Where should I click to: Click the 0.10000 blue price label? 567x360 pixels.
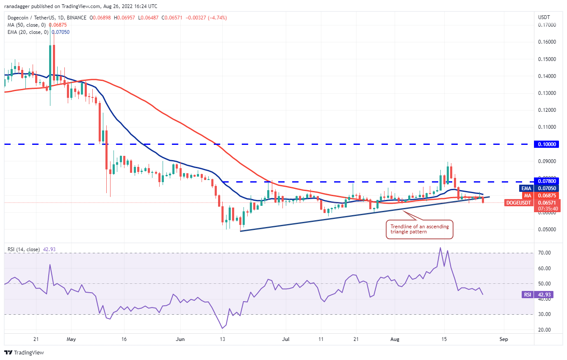click(x=548, y=144)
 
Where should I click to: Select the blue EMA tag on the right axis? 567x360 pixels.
click(x=526, y=188)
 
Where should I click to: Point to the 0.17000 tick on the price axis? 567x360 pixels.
click(x=547, y=25)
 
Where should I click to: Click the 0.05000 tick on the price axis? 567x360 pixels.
click(x=547, y=230)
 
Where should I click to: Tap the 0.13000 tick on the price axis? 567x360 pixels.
click(x=547, y=93)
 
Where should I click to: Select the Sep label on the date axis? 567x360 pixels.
click(x=503, y=339)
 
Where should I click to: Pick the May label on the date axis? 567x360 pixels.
click(x=71, y=339)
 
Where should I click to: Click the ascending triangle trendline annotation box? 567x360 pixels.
click(x=420, y=229)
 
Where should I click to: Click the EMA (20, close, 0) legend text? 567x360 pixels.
click(x=27, y=32)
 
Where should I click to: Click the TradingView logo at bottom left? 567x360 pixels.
click(x=24, y=352)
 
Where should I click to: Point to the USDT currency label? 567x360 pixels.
click(x=544, y=17)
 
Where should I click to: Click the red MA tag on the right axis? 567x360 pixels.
click(x=527, y=195)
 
